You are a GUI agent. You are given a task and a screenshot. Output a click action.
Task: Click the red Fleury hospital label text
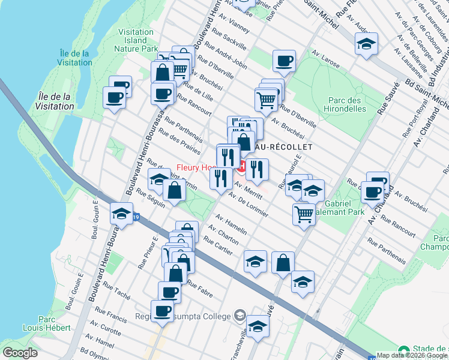[x=196, y=167]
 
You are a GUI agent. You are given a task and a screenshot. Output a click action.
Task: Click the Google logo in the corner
[x=20, y=353]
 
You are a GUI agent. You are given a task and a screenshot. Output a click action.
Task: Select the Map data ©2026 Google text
[x=412, y=355]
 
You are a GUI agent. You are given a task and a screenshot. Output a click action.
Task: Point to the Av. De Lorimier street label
[x=247, y=203]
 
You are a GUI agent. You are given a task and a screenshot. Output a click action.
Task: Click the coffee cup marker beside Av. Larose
[x=284, y=61]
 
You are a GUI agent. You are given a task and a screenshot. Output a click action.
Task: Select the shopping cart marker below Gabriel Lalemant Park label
[x=304, y=214]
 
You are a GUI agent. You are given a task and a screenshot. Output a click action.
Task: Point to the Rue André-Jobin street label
[x=226, y=56]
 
